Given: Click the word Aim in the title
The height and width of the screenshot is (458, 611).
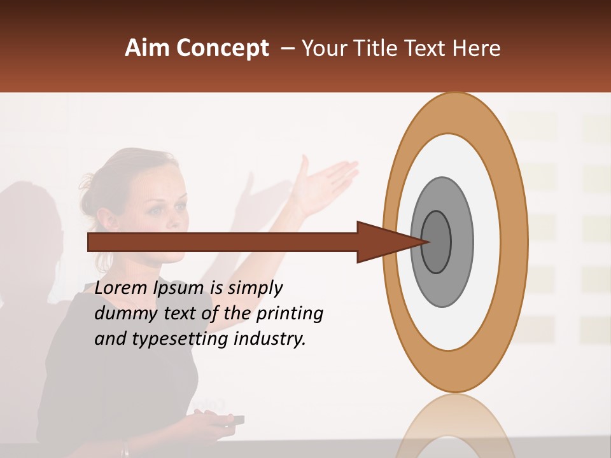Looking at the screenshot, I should pyautogui.click(x=147, y=48).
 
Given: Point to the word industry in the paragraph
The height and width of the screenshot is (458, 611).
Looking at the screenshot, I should pyautogui.click(x=270, y=339).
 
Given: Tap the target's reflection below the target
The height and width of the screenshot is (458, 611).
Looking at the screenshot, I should pyautogui.click(x=455, y=426).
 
